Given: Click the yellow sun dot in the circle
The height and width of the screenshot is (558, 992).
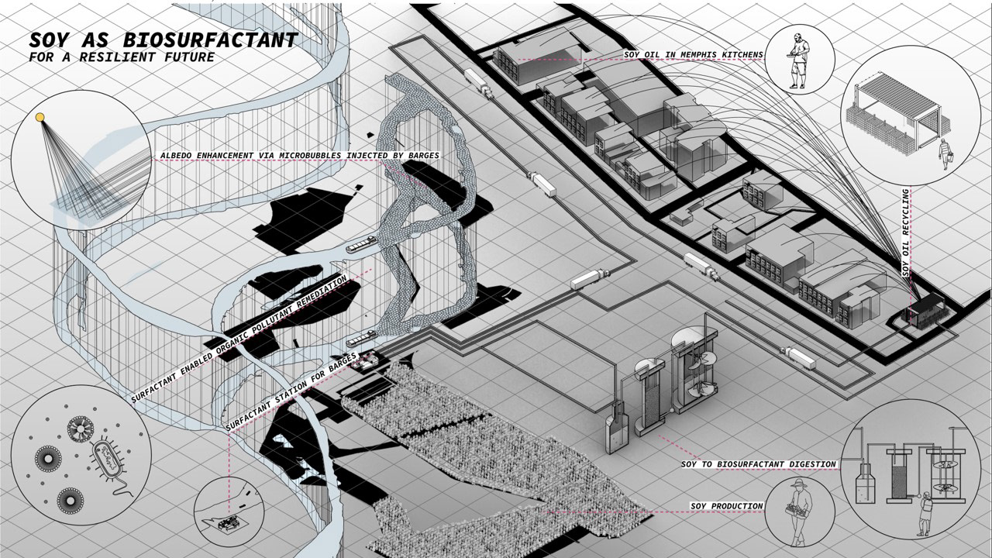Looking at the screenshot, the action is (x=40, y=117).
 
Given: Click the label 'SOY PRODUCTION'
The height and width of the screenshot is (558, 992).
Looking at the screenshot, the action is (x=727, y=506).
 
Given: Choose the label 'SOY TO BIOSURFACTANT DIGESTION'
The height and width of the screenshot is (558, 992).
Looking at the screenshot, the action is (x=759, y=464).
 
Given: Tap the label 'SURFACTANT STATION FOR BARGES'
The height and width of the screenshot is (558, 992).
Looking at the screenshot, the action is (x=291, y=391).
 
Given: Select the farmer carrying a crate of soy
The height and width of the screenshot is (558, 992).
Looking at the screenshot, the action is (x=798, y=511).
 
